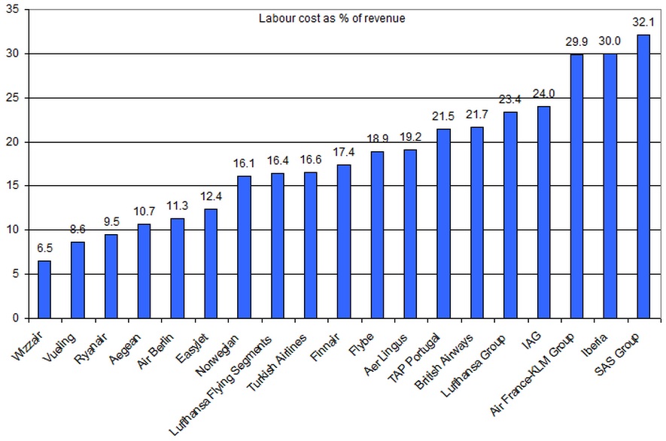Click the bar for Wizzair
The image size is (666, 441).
(x=44, y=290)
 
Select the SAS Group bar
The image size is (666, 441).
(x=643, y=176)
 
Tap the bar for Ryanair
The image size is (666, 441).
(x=111, y=276)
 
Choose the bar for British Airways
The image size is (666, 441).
(x=477, y=223)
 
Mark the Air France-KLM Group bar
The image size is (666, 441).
(x=577, y=186)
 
